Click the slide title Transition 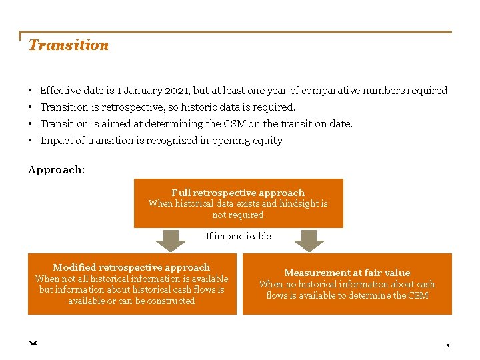[x=68, y=45]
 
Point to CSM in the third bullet [x=250, y=124]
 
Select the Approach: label [x=56, y=170]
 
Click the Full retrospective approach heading [x=238, y=193]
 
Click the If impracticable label [x=238, y=236]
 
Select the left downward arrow [x=171, y=241]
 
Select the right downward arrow [x=309, y=241]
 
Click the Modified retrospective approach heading [x=131, y=267]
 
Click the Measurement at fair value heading [x=347, y=273]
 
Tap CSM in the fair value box [x=417, y=295]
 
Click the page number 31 [x=449, y=345]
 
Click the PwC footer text [x=33, y=343]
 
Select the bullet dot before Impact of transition [x=31, y=141]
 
